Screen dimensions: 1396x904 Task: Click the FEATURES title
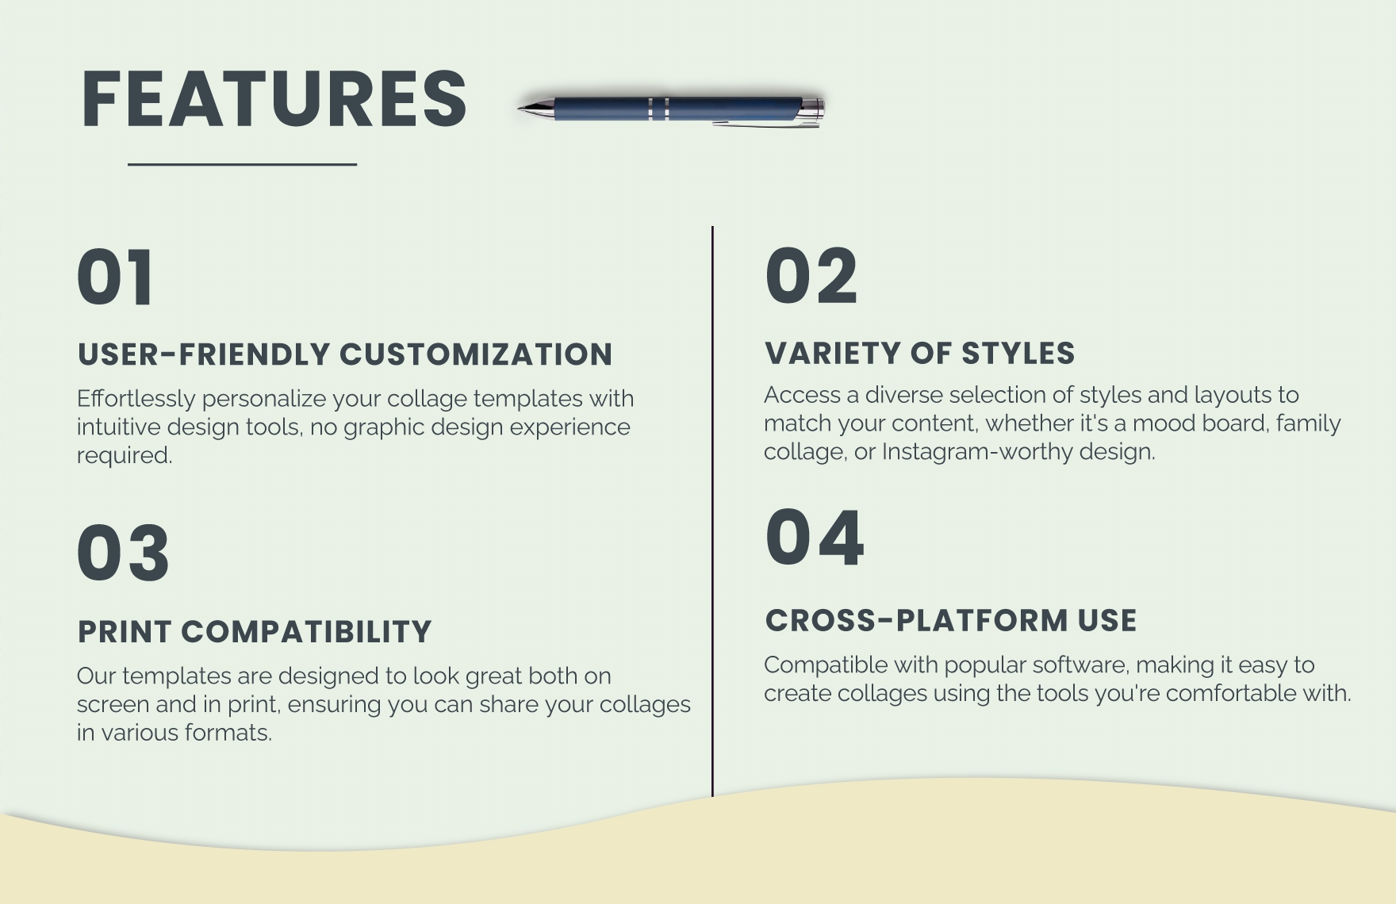(x=274, y=99)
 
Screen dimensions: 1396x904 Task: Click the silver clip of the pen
(x=765, y=123)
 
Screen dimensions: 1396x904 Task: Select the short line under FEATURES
(x=242, y=165)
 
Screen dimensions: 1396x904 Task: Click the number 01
(x=116, y=277)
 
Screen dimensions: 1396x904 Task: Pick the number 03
(x=123, y=553)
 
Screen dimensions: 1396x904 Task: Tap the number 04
(x=814, y=538)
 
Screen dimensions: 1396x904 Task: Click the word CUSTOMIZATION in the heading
(x=476, y=354)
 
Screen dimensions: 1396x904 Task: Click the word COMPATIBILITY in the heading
(x=306, y=632)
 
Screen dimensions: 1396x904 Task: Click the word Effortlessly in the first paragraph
(x=136, y=398)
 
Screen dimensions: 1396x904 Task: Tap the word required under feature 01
(x=125, y=455)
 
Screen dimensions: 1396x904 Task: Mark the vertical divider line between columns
(x=712, y=511)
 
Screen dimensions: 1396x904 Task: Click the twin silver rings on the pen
(x=658, y=109)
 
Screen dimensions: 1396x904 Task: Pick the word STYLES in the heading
(x=1018, y=354)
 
